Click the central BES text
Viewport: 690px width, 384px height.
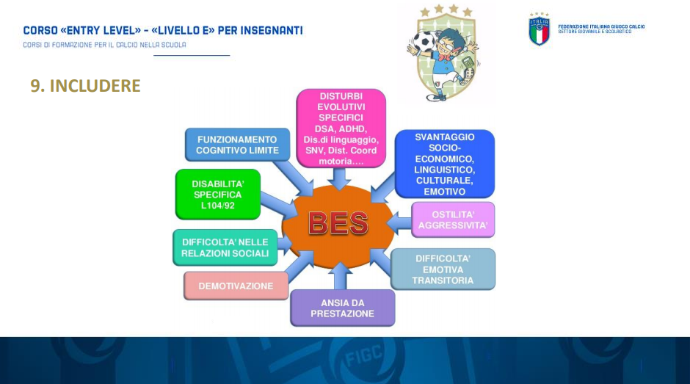pyautogui.click(x=338, y=222)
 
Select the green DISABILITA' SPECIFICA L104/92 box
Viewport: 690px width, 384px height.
pyautogui.click(x=218, y=194)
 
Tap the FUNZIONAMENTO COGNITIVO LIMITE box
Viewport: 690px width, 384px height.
pyautogui.click(x=237, y=145)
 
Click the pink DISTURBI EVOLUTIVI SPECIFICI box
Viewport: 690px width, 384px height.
pyautogui.click(x=341, y=128)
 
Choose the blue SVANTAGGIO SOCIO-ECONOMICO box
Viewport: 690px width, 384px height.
pyautogui.click(x=444, y=164)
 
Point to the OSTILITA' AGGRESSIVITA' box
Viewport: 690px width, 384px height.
pyautogui.click(x=453, y=220)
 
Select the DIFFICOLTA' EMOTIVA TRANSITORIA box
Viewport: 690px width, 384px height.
pyautogui.click(x=443, y=269)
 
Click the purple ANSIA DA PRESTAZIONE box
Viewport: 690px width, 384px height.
pyautogui.click(x=342, y=308)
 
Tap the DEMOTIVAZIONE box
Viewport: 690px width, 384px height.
pyautogui.click(x=236, y=286)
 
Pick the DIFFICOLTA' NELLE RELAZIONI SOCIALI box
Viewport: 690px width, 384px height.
pyautogui.click(x=225, y=247)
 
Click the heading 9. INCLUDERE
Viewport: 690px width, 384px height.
pyautogui.click(x=85, y=85)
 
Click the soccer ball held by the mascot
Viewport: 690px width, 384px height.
pyautogui.click(x=424, y=40)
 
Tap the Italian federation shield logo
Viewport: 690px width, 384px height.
pyautogui.click(x=539, y=29)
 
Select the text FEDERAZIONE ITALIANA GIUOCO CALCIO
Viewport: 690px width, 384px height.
pyautogui.click(x=601, y=26)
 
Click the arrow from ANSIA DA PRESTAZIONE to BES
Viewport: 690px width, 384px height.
pyautogui.click(x=340, y=276)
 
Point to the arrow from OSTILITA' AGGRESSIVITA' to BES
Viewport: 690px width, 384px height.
pyautogui.click(x=399, y=222)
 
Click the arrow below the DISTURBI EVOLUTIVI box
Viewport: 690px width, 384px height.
pyautogui.click(x=339, y=179)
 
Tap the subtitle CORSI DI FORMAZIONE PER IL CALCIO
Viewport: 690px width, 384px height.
pyautogui.click(x=104, y=45)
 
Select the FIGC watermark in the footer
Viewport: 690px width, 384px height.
pyautogui.click(x=363, y=356)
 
